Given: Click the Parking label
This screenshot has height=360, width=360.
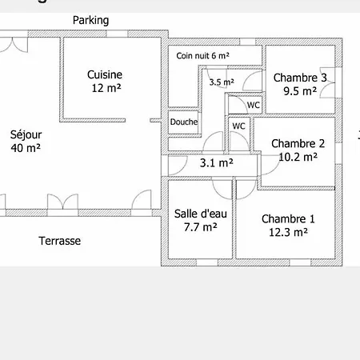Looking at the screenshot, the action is [90, 21].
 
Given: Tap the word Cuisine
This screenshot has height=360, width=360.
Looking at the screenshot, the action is [105, 74].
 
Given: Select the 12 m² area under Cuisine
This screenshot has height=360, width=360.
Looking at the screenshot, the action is [106, 88].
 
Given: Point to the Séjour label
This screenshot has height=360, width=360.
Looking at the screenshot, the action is [26, 135].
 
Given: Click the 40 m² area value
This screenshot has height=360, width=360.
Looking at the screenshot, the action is [26, 148].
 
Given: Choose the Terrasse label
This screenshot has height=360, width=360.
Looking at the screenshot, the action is [60, 241].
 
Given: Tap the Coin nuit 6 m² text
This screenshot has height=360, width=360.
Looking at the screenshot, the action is [202, 56].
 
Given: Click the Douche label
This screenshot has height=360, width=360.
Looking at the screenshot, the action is [184, 122].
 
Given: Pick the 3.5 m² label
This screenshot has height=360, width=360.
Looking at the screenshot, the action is [222, 82].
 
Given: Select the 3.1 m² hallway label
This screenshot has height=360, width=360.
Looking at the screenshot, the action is [217, 163].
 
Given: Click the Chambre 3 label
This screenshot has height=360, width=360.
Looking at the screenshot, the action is [300, 78].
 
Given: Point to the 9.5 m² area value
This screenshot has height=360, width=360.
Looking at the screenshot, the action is [300, 91].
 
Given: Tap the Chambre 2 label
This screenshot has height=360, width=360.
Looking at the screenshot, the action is [298, 144].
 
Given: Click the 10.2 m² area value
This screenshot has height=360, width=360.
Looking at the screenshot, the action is [298, 157].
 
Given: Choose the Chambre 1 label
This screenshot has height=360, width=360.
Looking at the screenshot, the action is [288, 219].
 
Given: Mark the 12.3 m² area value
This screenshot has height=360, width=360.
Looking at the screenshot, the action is [288, 232].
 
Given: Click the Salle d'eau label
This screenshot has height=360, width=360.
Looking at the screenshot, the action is [201, 214].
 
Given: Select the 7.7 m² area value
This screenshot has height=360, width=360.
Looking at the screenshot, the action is [201, 227].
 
